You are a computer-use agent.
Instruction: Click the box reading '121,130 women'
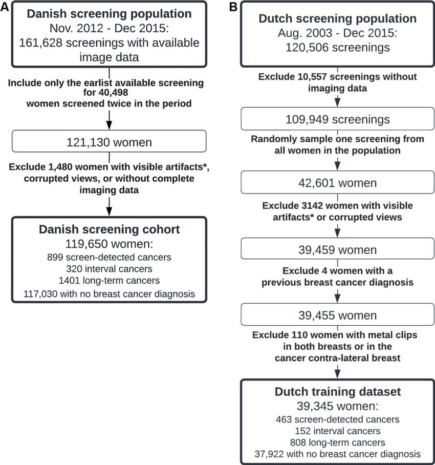[x=109, y=142]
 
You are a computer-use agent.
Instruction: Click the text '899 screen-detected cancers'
[x=109, y=258]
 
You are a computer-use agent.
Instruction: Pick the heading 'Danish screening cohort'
[x=109, y=229]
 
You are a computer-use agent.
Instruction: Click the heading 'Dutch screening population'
[x=337, y=19]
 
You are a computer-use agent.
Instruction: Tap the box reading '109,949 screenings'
[x=337, y=120]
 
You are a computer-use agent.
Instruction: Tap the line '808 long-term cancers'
[x=337, y=442]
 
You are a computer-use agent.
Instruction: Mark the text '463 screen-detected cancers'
[x=337, y=419]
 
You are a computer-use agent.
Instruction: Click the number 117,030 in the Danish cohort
[x=45, y=293]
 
